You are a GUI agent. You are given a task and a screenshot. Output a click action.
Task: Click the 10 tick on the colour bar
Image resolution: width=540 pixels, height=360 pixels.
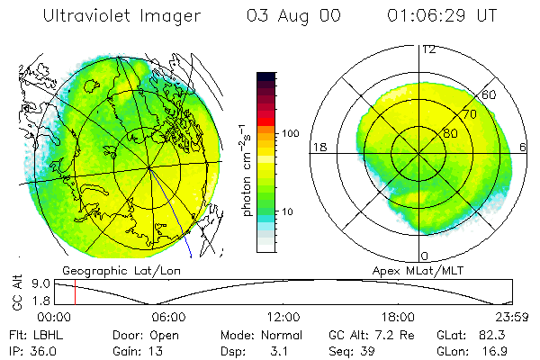pyautogui.click(x=290, y=211)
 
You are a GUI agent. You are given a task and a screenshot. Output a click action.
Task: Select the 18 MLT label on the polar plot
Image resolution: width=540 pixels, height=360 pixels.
pyautogui.click(x=318, y=147)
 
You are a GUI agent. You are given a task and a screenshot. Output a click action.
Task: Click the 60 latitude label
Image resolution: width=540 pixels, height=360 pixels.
pyautogui.click(x=490, y=95)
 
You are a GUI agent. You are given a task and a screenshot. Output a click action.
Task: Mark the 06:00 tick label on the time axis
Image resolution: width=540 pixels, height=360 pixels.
pyautogui.click(x=169, y=317)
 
